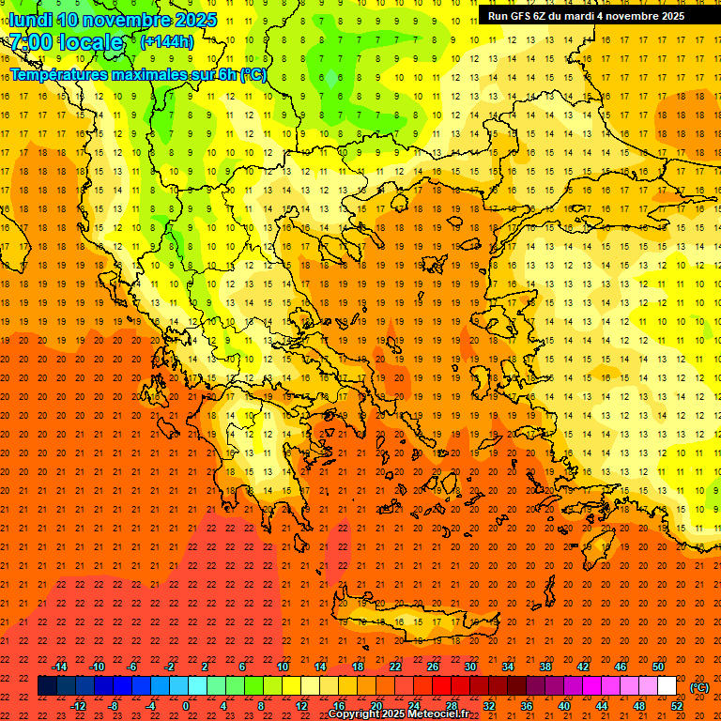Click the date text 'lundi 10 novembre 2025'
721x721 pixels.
click(113, 20)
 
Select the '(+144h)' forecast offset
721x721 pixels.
click(166, 42)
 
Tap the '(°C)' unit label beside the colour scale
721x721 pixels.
click(699, 687)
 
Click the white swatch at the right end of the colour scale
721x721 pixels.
click(667, 686)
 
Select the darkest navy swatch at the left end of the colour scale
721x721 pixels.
click(47, 686)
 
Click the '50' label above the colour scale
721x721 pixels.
click(658, 667)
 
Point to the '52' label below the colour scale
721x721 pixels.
click(677, 706)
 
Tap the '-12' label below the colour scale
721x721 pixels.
click(78, 706)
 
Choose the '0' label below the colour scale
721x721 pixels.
click(186, 706)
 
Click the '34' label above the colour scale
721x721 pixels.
click(508, 667)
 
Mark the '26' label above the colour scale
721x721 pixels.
click(433, 667)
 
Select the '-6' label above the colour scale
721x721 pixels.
click(132, 667)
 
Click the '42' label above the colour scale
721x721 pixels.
click(583, 667)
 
